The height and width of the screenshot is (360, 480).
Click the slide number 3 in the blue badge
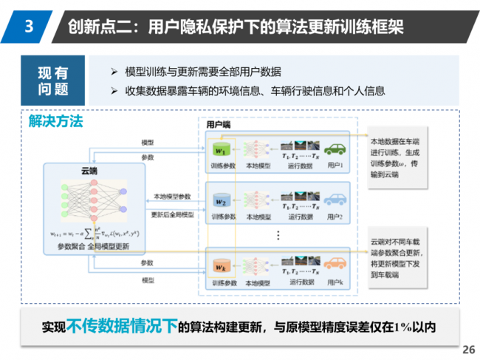[28, 27]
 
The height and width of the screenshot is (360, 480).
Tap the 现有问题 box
[53, 81]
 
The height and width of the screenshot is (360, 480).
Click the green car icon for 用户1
[336, 149]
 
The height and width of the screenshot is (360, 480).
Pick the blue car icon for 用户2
[336, 200]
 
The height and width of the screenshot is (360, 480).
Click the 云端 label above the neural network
[89, 171]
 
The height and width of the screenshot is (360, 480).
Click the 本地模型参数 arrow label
[171, 197]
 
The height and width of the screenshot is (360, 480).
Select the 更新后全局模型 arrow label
[172, 214]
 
